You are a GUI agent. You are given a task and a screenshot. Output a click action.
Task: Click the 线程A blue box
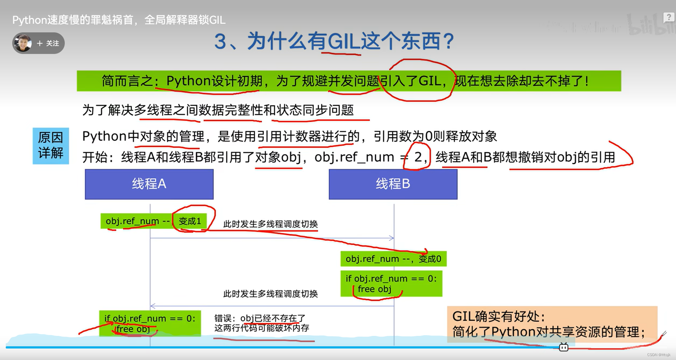pos(149,184)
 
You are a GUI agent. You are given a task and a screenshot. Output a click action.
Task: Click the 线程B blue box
pos(393,184)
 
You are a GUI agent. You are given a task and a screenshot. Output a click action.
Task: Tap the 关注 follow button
pos(48,44)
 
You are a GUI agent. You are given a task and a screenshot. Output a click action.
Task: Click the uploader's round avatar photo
pos(23,43)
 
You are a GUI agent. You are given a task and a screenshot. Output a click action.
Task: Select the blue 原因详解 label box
pos(51,146)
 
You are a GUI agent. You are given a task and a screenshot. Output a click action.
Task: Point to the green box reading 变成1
pos(190,221)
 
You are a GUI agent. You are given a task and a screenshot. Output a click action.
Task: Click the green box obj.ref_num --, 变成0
pos(393,259)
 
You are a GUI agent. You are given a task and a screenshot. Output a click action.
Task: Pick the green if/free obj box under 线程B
pos(391,284)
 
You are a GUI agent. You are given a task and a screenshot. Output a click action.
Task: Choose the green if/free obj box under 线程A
pos(150,323)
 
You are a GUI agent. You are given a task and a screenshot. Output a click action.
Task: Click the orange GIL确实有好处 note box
pos(552,323)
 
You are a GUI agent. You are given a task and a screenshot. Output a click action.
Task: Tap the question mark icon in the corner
pos(668,17)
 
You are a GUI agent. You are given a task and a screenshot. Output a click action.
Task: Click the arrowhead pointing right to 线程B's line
pos(392,238)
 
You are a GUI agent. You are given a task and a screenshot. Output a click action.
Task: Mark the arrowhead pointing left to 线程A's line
pos(153,306)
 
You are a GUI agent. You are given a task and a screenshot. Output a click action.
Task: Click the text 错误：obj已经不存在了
pos(260,318)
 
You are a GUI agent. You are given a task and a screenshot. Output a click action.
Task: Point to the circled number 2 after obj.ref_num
pos(418,157)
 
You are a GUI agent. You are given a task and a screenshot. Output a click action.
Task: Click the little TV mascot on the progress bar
pos(563,347)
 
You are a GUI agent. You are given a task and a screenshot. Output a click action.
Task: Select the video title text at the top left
pos(119,20)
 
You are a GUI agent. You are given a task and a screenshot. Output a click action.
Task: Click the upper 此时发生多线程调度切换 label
pos(270,224)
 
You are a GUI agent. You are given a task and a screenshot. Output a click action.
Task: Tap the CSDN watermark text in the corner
pos(658,355)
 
